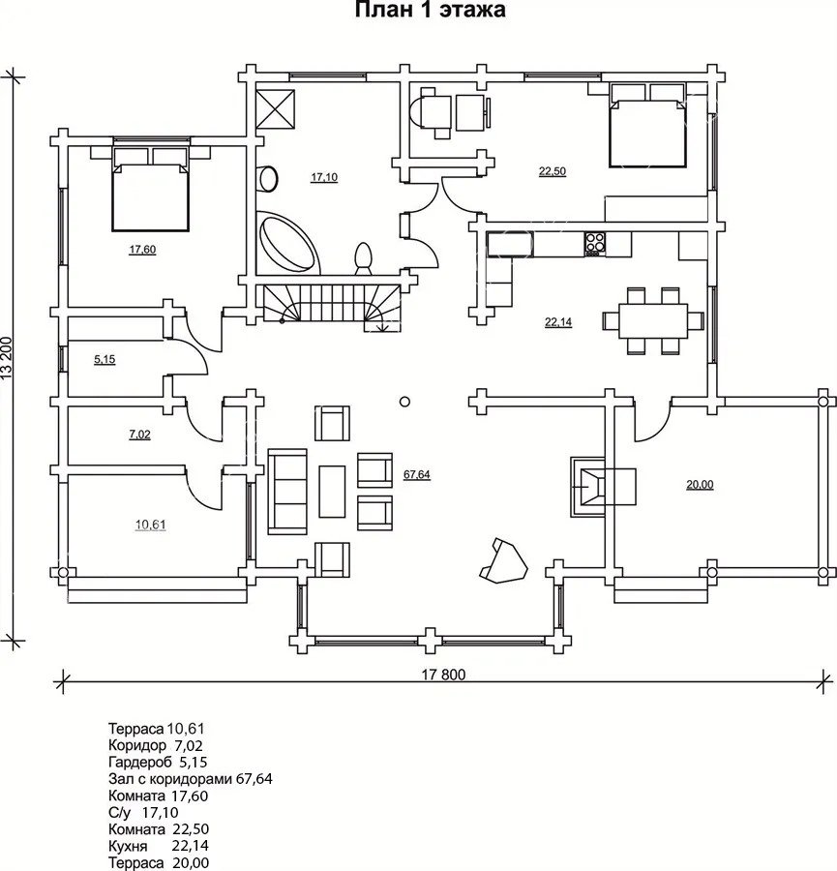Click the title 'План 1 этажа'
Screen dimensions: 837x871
[x=430, y=11]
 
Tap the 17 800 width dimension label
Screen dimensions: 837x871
[x=443, y=675]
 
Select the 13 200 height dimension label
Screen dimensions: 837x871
[x=7, y=358]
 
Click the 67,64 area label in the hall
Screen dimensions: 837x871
[x=416, y=474]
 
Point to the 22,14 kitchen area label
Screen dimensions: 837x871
[x=558, y=321]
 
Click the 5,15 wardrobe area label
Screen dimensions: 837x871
[x=105, y=359]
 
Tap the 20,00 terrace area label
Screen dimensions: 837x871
[x=700, y=485]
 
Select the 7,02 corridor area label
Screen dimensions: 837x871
[x=140, y=435]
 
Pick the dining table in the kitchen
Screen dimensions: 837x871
[x=653, y=320]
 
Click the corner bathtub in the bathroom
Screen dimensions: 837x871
[x=287, y=242]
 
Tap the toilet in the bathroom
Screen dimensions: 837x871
[x=363, y=258]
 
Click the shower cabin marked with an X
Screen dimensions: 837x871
[x=275, y=108]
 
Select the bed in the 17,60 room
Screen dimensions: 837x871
[x=151, y=189]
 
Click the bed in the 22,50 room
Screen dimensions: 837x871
[x=647, y=125]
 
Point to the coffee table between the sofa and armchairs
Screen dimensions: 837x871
[x=332, y=492]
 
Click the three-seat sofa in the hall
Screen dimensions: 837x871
[x=287, y=492]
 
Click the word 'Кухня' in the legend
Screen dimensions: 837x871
[x=129, y=847]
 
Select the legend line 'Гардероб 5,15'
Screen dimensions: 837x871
[x=158, y=763]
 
